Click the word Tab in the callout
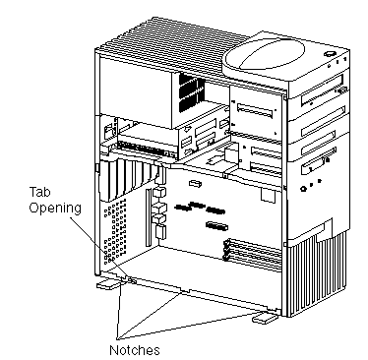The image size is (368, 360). (x=40, y=192)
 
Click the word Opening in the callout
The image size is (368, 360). (x=55, y=209)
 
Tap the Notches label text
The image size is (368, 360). (x=135, y=350)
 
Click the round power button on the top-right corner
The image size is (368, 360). (x=329, y=53)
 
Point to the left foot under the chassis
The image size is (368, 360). (x=108, y=285)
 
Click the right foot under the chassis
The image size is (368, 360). (x=264, y=318)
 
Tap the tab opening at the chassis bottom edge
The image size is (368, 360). (x=131, y=280)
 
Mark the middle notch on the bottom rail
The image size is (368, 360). (x=184, y=290)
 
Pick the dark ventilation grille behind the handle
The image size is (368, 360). (x=192, y=92)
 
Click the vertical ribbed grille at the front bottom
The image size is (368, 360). (x=317, y=274)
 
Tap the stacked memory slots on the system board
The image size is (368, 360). (x=253, y=254)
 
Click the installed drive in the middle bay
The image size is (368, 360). (x=149, y=143)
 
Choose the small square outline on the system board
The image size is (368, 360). (x=268, y=196)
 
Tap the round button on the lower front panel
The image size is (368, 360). (x=303, y=189)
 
